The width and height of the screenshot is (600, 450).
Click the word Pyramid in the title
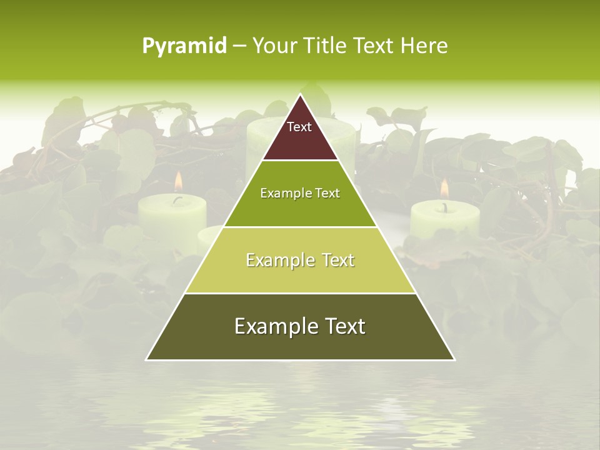coord(184,46)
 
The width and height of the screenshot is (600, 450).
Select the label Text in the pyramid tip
coord(299,127)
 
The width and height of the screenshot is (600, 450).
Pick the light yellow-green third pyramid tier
coord(300,275)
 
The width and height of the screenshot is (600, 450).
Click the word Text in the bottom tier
coord(342,326)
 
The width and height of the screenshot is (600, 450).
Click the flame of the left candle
coord(178,181)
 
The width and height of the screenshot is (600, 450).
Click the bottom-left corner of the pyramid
coord(146,359)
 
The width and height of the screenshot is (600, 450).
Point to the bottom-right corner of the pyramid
coord(454,359)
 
